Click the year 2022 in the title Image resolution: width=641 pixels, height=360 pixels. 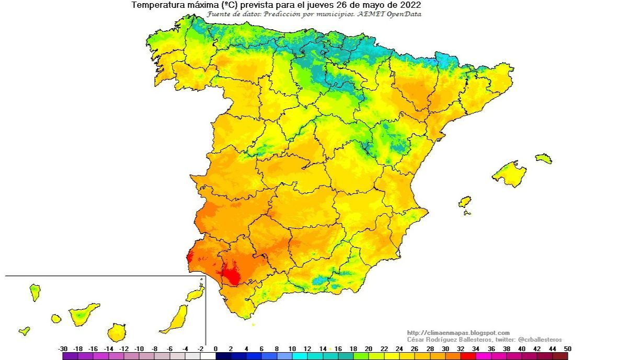pos(411,5)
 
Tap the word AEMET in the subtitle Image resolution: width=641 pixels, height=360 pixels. pos(369,14)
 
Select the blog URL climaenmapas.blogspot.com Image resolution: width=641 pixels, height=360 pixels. pos(458,333)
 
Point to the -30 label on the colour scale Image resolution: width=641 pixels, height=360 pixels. pos(63,349)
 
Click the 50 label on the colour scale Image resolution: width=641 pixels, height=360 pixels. pos(567,349)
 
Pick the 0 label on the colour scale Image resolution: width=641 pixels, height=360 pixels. pos(215,349)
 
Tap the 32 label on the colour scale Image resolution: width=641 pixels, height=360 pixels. pos(460,349)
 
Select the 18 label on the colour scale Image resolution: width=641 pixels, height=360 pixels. pos(353,349)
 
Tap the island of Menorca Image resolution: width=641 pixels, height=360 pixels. pos(543,158)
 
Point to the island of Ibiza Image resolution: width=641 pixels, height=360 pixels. pos(464,202)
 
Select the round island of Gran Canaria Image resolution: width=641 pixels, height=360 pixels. pos(117,332)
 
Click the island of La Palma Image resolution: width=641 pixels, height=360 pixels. pos(35,292)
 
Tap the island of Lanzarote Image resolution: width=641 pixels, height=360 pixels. pos(196,294)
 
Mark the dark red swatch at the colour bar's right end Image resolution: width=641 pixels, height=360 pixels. pos(560,356)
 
